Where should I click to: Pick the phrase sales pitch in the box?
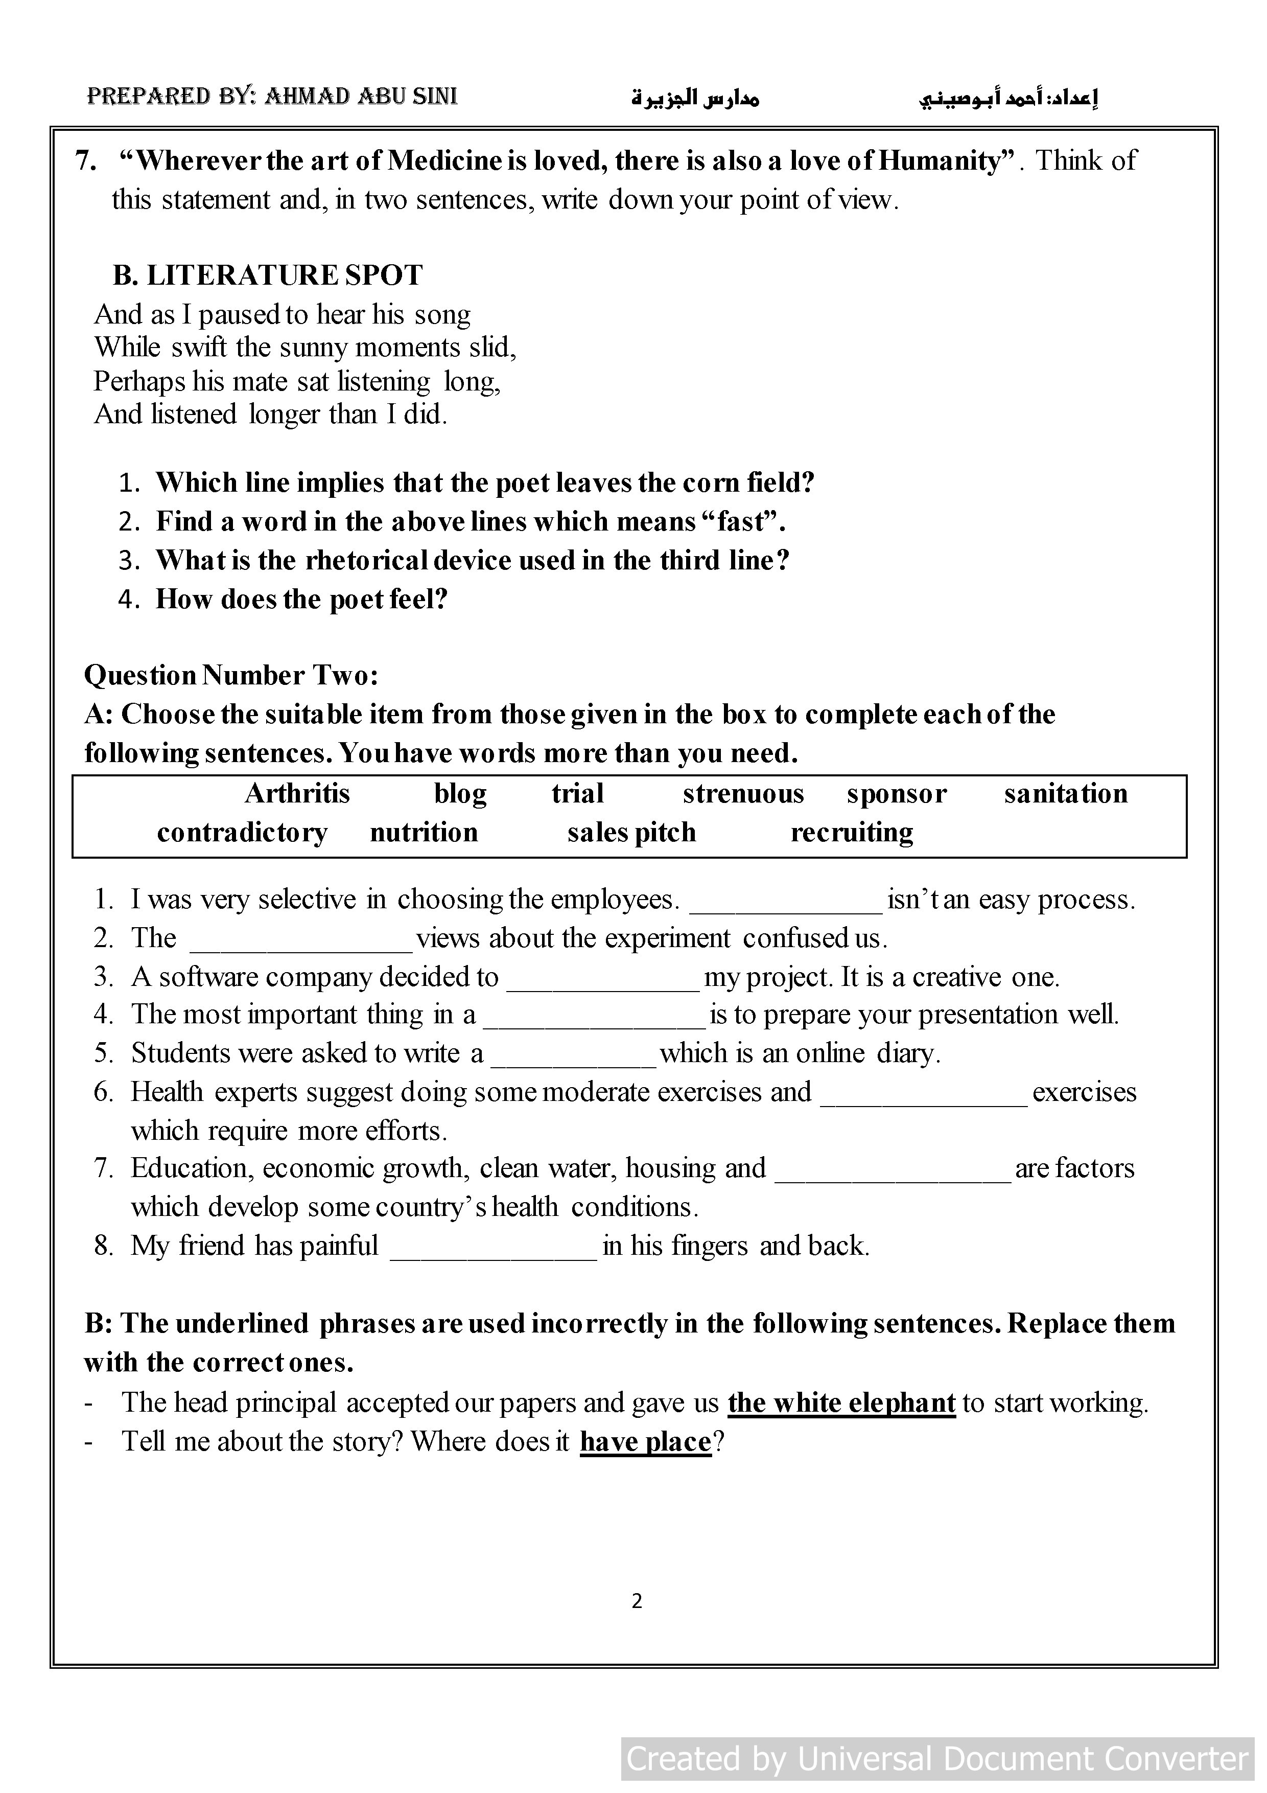(631, 833)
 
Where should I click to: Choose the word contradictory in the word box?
(242, 833)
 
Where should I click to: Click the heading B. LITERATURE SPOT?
(268, 275)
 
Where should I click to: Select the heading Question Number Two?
(231, 676)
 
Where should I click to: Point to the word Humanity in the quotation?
(943, 161)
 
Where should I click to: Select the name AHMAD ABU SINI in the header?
(361, 97)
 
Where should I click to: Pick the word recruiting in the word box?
(852, 833)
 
